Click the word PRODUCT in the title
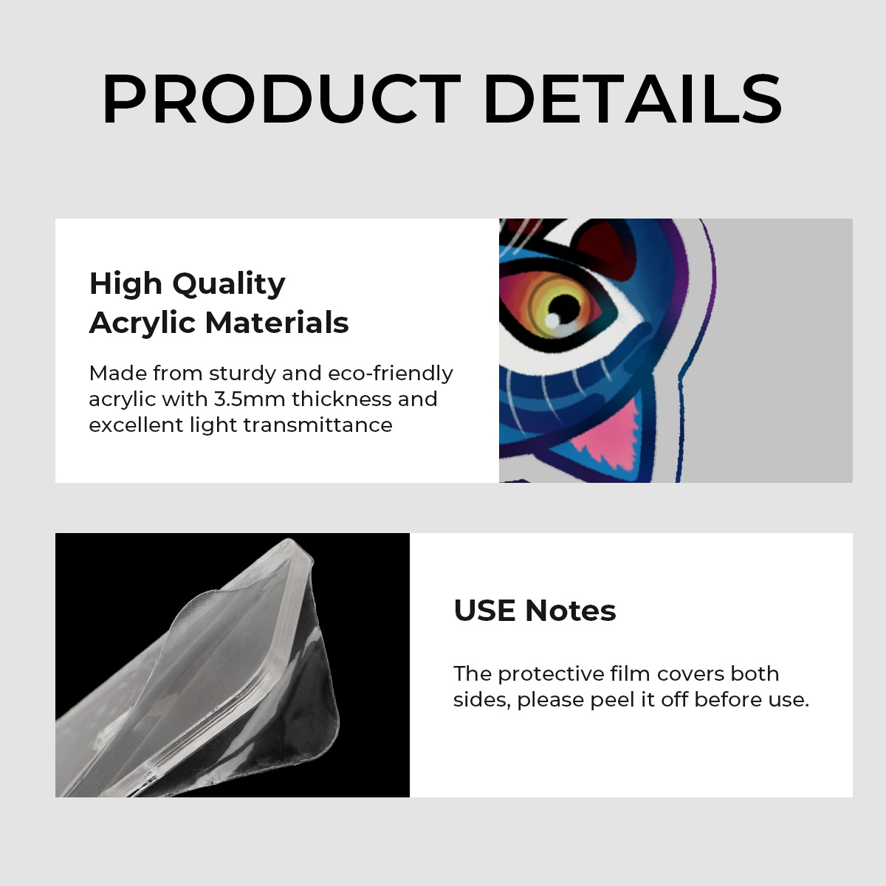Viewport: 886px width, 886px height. (281, 98)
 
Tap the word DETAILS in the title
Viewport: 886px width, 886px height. (633, 98)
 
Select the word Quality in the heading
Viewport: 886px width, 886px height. (229, 285)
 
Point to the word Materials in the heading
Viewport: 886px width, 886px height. (277, 323)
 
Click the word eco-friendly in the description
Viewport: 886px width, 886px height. (391, 374)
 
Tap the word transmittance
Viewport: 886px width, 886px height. (317, 425)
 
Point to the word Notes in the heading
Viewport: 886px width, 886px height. (570, 611)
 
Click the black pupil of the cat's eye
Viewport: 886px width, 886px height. (565, 305)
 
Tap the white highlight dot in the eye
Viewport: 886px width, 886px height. (552, 320)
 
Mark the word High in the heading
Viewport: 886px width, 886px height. (126, 285)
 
